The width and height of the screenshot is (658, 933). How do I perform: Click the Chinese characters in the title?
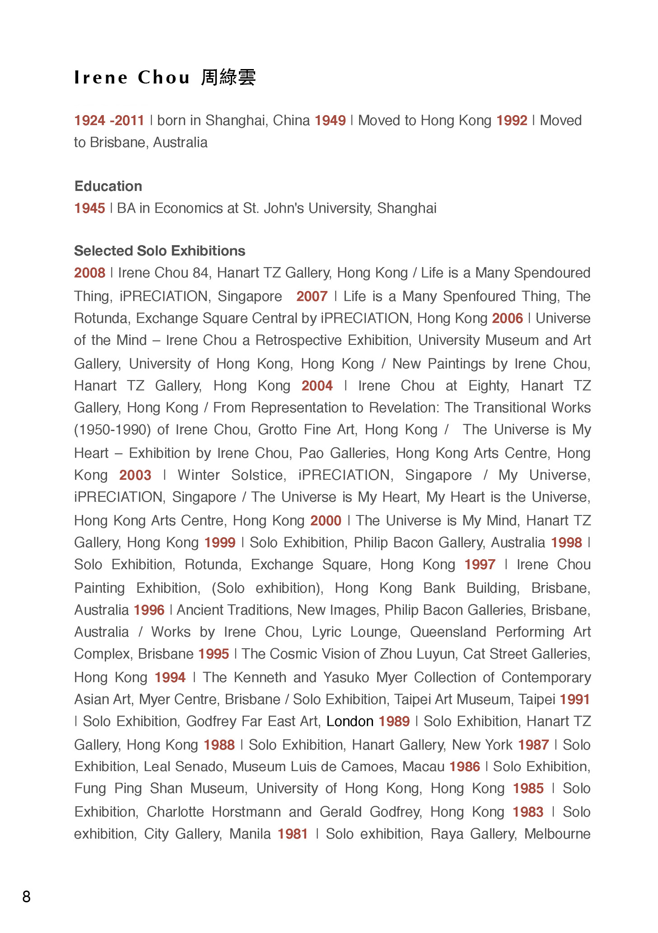click(228, 77)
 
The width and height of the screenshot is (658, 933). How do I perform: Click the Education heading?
click(108, 186)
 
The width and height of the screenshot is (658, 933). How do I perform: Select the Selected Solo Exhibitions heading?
click(159, 251)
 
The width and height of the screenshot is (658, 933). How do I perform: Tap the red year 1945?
click(89, 208)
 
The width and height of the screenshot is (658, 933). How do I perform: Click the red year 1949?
click(330, 121)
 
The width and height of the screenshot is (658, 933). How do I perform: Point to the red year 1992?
click(512, 121)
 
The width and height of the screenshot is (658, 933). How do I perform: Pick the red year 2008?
click(89, 273)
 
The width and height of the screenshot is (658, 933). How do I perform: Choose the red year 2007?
click(312, 296)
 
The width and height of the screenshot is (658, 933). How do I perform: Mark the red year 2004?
click(317, 385)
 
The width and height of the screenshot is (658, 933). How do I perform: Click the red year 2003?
click(135, 475)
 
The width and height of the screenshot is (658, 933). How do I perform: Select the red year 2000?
click(326, 520)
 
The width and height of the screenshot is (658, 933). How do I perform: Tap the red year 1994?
click(170, 677)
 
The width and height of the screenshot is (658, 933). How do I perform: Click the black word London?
click(350, 721)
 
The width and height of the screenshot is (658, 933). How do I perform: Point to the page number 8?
click(26, 896)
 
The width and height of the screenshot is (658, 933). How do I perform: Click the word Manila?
click(250, 834)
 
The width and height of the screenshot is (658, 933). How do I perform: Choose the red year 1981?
click(293, 834)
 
